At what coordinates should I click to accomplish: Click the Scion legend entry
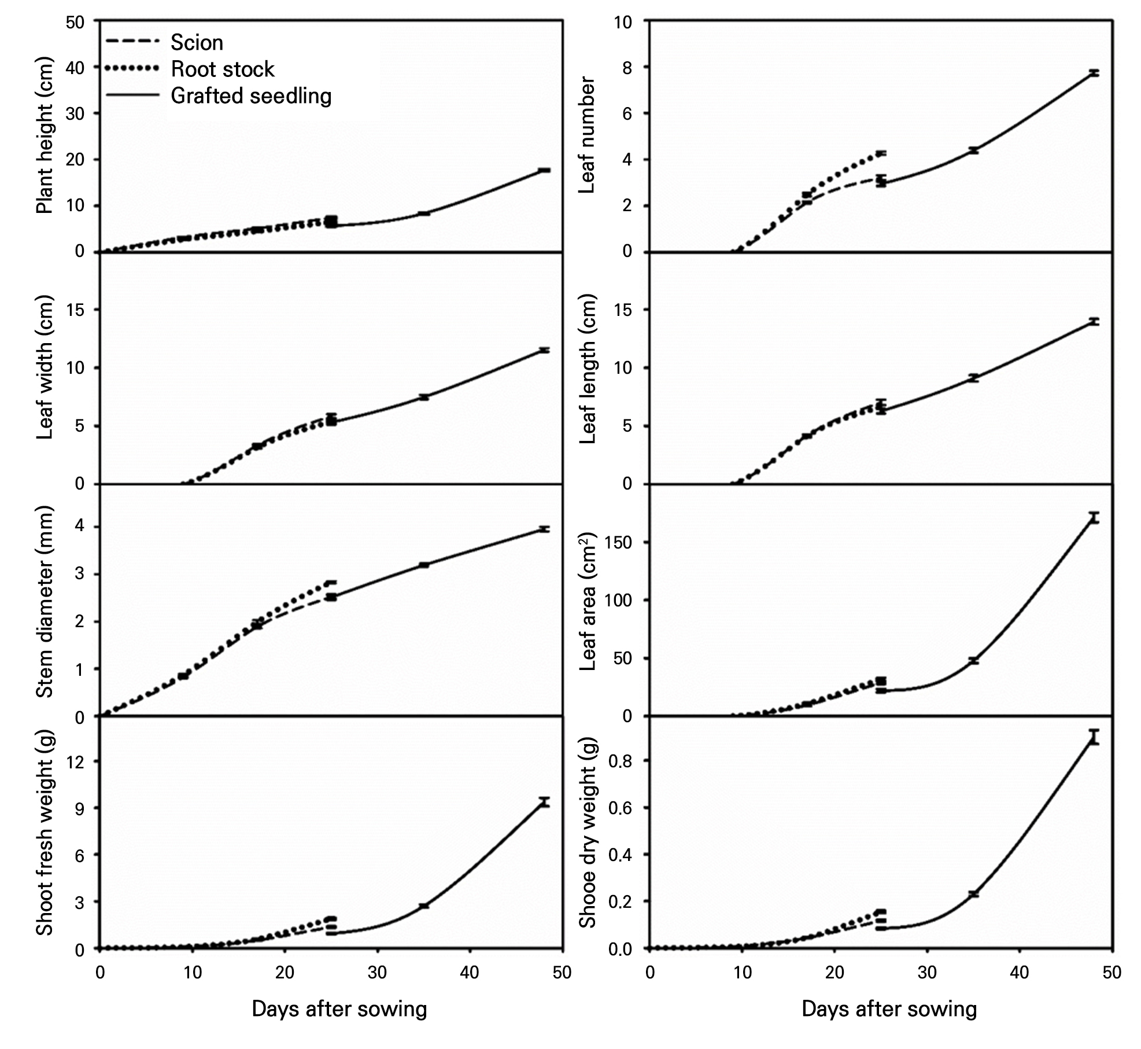(197, 43)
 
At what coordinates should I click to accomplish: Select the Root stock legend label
(222, 69)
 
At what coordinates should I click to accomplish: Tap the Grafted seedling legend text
(251, 96)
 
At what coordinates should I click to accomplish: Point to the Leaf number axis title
(588, 136)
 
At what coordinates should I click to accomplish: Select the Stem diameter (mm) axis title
(45, 602)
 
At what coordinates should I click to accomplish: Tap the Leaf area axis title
(588, 602)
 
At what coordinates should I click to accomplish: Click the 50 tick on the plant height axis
(75, 22)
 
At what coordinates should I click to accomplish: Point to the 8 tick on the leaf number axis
(627, 68)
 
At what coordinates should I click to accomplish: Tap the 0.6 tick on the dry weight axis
(621, 808)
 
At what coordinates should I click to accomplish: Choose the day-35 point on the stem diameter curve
(424, 565)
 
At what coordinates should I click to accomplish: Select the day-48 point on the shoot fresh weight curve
(544, 802)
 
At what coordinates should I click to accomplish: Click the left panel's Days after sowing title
(339, 1009)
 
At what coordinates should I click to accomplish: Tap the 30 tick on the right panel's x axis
(927, 973)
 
